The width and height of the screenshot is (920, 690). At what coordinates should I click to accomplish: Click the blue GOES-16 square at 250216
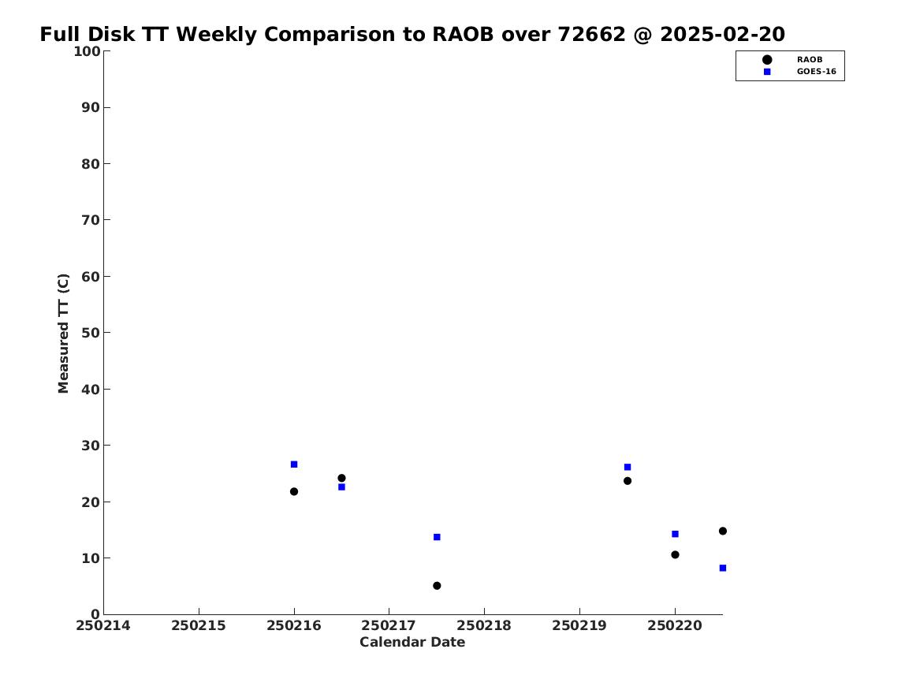click(294, 464)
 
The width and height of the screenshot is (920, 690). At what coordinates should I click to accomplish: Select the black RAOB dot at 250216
click(294, 492)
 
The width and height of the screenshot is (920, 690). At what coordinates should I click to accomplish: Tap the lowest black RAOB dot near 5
click(437, 586)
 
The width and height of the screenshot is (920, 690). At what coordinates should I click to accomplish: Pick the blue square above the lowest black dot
click(437, 537)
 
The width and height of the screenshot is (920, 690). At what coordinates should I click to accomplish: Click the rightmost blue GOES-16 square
click(722, 568)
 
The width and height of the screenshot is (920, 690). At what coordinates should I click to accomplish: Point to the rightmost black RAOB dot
click(722, 531)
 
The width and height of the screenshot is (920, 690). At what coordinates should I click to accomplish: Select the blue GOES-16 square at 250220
click(675, 534)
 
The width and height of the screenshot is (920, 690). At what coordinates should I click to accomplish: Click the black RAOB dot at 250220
click(675, 554)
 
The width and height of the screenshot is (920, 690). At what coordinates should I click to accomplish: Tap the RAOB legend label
click(809, 59)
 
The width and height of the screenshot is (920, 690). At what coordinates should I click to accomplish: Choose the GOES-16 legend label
click(816, 72)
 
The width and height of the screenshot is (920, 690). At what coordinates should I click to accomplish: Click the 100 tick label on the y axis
click(87, 51)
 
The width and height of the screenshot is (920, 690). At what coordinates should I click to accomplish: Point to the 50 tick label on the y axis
click(91, 333)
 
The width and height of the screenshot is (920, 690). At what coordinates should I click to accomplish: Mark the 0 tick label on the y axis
click(96, 614)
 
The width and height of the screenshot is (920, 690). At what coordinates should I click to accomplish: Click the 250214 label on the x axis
click(103, 626)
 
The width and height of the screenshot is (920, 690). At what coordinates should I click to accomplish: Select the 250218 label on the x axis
click(484, 626)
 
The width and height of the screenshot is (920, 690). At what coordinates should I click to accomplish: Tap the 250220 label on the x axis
click(675, 626)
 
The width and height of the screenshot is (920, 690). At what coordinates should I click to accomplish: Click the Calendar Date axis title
click(412, 643)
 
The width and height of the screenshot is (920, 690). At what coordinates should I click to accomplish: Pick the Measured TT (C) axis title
click(63, 334)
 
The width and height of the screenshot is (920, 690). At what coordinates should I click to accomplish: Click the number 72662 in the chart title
click(591, 35)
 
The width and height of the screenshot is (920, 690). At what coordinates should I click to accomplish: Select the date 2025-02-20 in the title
click(722, 35)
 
